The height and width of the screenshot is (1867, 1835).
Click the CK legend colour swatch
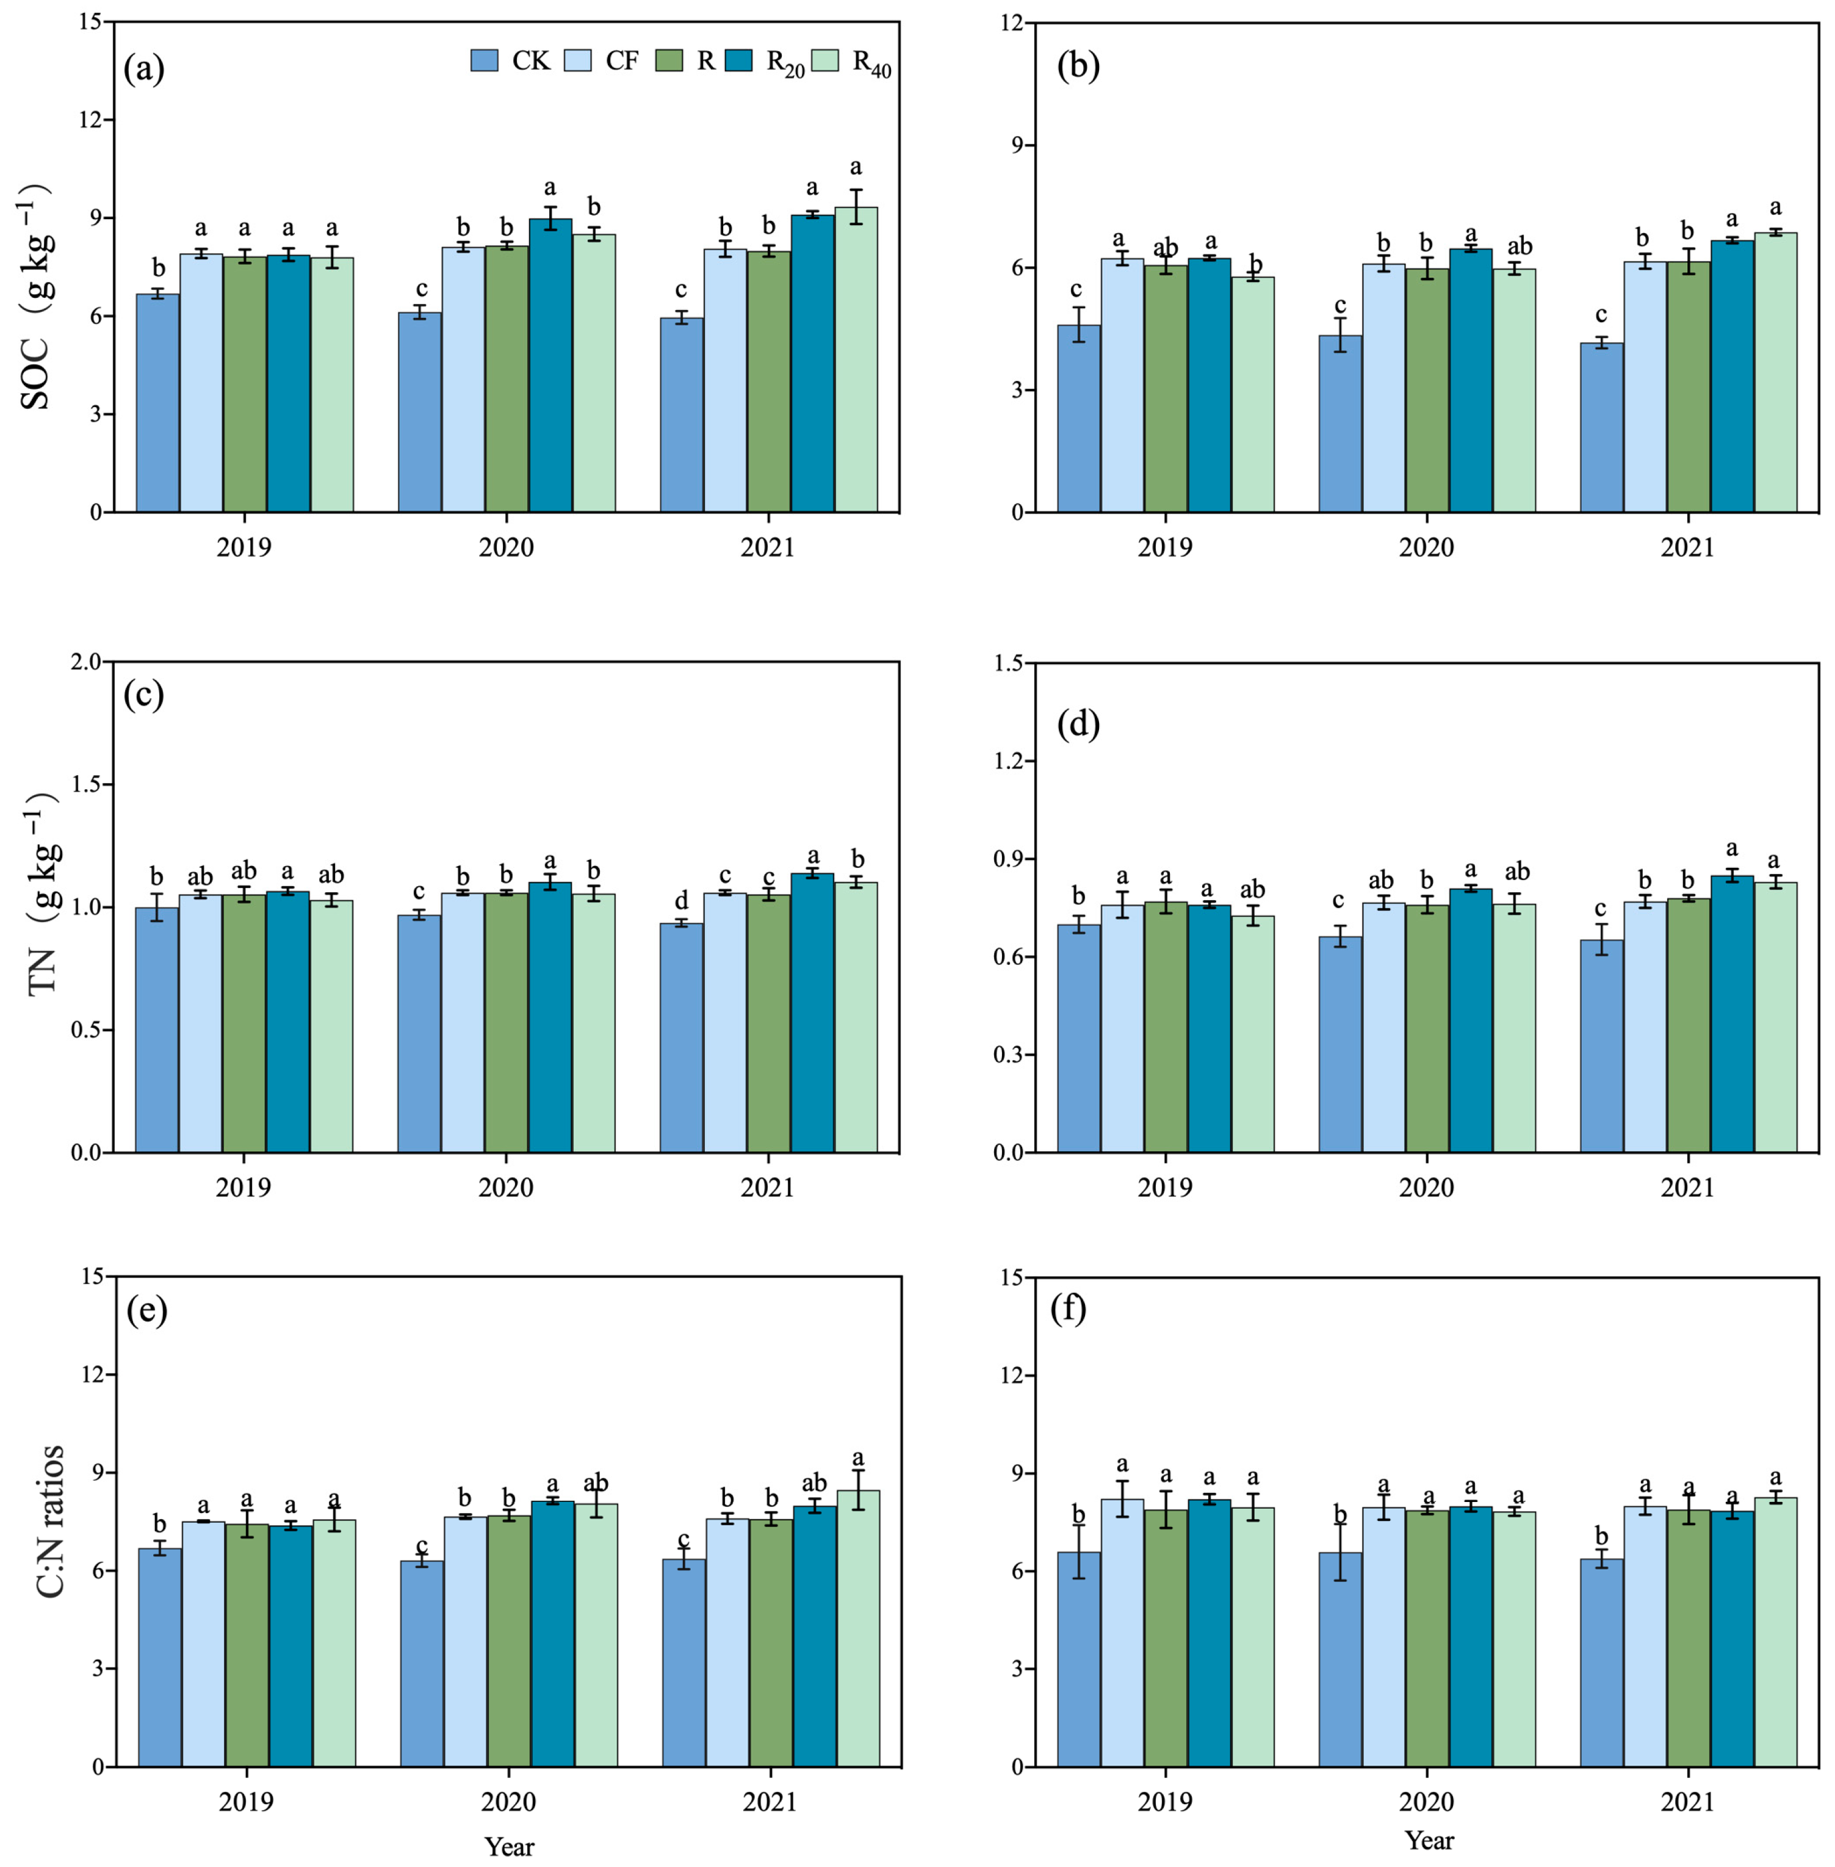coord(485,60)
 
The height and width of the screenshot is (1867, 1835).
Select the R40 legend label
coord(871,63)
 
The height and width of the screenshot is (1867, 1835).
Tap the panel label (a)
coord(145,68)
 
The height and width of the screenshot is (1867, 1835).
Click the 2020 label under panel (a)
coord(506,547)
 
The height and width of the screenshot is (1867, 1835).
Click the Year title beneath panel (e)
coord(509,1846)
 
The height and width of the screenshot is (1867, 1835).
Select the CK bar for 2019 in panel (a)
coord(157,405)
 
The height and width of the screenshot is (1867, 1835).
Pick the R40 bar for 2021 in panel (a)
coord(856,361)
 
